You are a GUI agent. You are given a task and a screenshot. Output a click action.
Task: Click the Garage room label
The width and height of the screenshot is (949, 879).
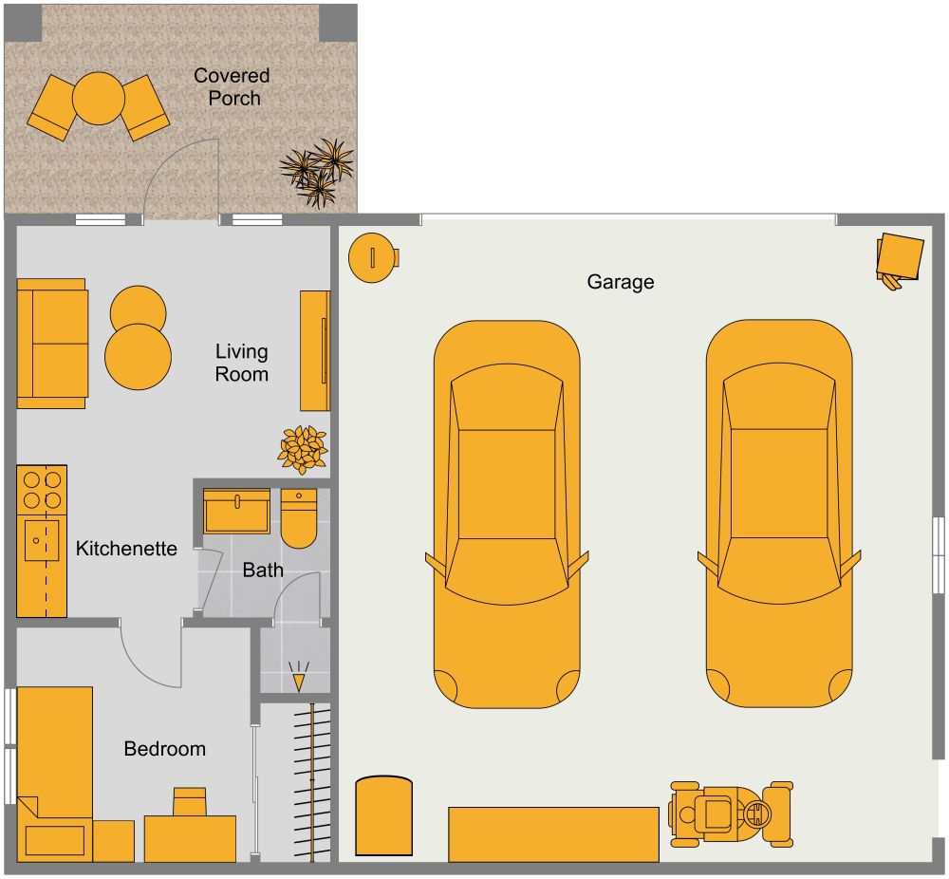620,282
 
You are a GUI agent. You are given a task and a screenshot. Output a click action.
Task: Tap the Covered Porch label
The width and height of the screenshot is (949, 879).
233,86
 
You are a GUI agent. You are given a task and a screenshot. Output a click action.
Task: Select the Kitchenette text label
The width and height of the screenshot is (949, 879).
126,549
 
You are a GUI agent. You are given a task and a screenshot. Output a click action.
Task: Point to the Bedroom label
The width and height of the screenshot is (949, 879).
165,749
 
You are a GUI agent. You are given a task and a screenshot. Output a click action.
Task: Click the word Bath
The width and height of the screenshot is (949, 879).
263,570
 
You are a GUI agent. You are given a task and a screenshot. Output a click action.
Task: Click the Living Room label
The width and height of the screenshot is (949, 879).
241,363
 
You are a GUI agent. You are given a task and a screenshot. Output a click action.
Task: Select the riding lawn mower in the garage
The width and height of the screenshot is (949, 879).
731,814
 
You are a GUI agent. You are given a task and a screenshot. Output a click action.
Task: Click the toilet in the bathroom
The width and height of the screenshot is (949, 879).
299,519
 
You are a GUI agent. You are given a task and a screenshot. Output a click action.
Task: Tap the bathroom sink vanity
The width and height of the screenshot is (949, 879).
237,512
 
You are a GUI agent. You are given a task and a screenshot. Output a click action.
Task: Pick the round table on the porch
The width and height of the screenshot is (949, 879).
100,99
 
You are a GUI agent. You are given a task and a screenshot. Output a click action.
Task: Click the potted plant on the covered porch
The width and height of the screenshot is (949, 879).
317,172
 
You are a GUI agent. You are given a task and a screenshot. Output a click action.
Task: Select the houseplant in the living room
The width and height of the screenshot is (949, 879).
302,448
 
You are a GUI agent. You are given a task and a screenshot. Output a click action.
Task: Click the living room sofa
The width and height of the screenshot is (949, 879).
52,344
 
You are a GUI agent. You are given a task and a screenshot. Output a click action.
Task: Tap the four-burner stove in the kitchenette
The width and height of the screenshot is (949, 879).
42,490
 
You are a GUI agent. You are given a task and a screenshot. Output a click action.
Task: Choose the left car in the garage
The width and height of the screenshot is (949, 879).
506,513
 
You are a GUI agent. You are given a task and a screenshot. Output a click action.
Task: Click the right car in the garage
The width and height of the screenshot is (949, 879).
778,513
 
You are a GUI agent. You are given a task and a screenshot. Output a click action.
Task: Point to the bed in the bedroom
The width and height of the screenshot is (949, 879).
54,769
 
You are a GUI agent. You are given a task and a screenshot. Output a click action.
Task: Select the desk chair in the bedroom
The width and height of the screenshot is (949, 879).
190,801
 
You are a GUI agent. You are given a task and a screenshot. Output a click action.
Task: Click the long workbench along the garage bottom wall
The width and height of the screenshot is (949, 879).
553,833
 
